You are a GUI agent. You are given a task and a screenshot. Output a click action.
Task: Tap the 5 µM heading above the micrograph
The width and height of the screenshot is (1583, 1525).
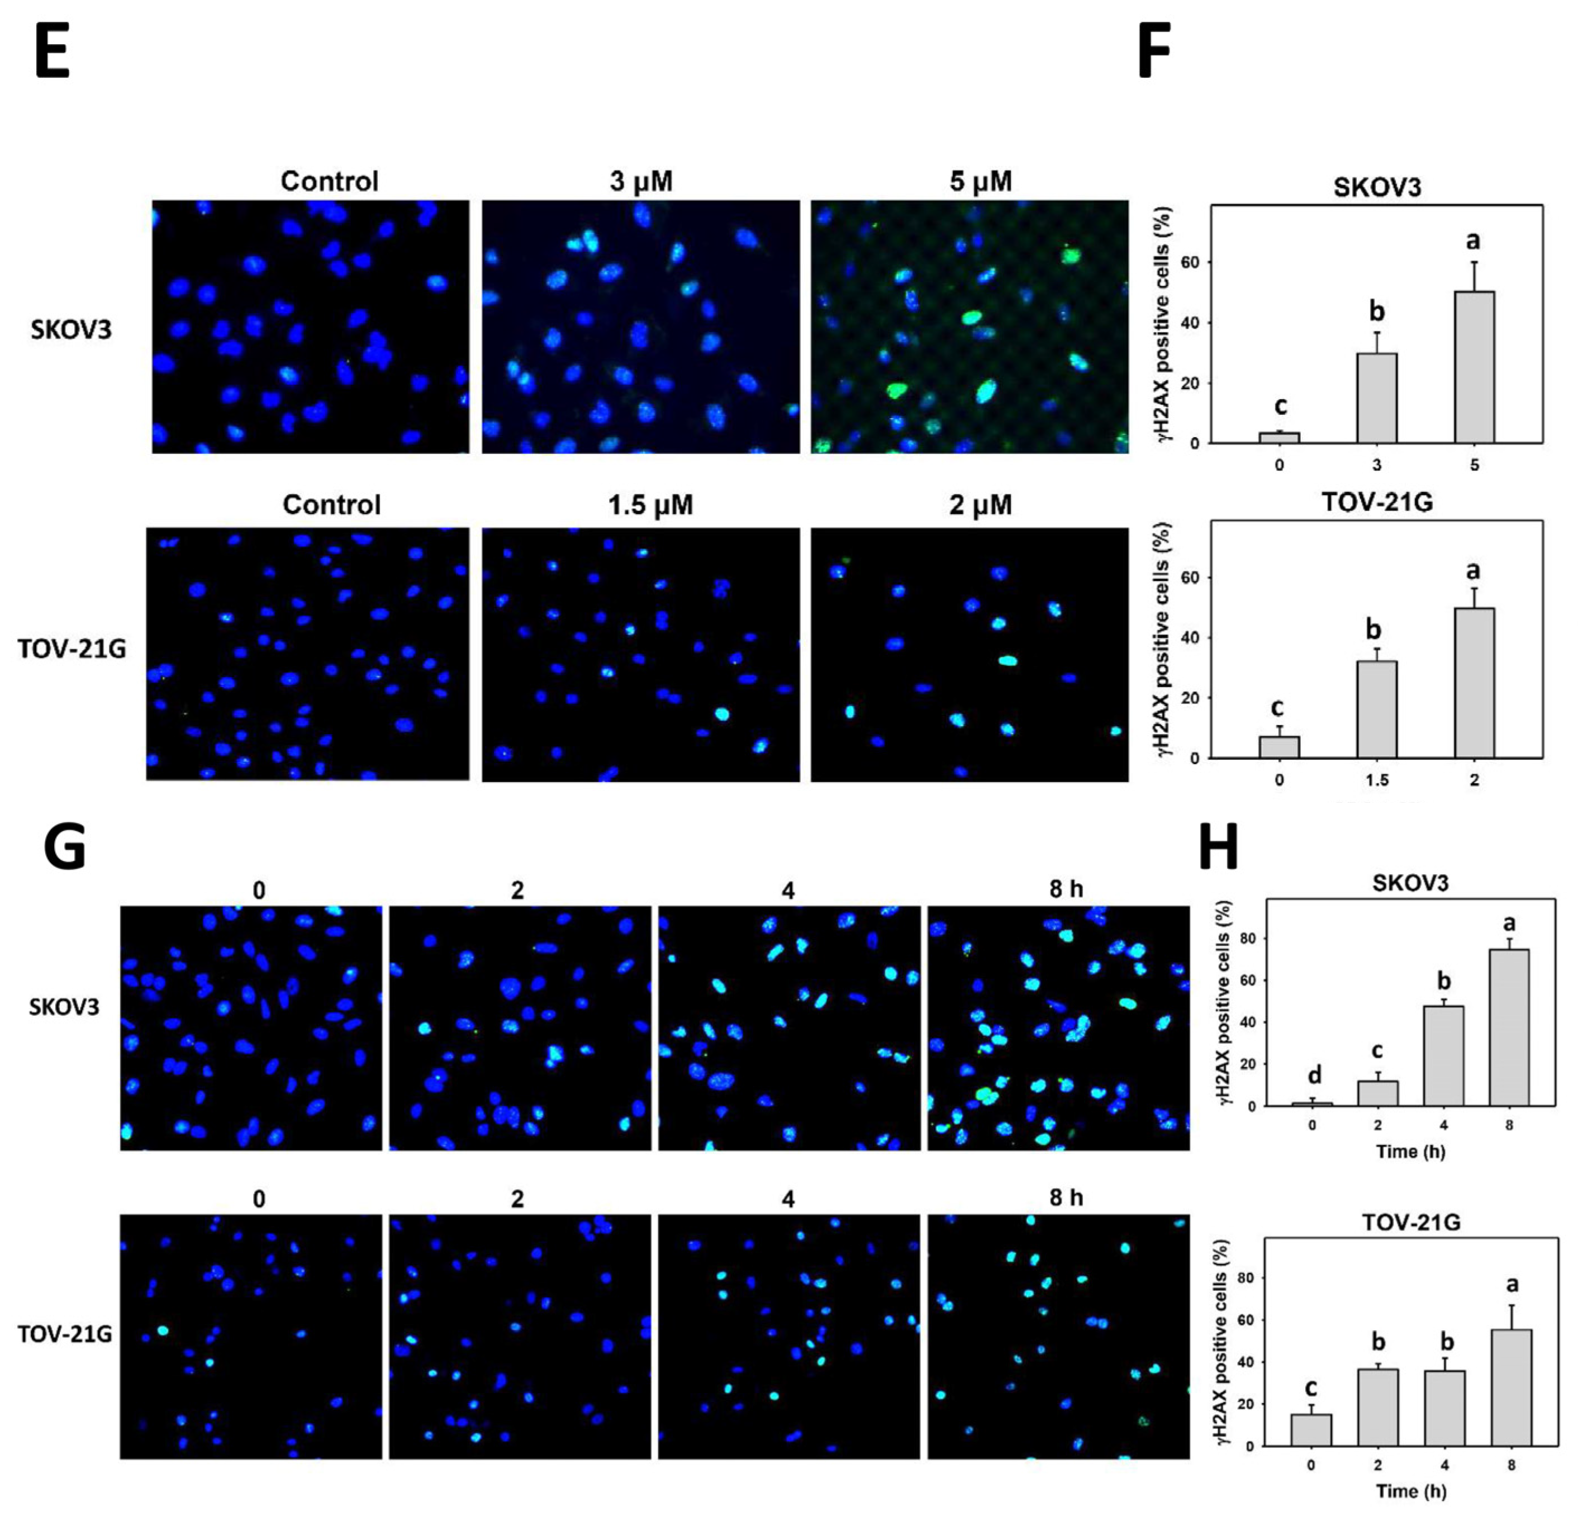[x=981, y=181]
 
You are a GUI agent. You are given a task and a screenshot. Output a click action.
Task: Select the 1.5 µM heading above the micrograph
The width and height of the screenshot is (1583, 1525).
[x=650, y=505]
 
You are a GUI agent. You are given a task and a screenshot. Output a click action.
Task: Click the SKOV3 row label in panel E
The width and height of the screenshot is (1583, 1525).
[x=71, y=330]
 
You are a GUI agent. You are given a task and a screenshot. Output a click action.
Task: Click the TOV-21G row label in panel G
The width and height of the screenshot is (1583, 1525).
[x=65, y=1333]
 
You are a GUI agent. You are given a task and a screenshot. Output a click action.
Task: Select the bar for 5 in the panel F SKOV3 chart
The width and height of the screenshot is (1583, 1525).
[x=1474, y=368]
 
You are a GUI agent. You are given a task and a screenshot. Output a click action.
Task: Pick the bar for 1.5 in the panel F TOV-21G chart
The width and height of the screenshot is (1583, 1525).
[x=1376, y=709]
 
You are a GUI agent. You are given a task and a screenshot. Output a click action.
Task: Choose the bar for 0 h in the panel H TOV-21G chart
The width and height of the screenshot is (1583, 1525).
[x=1311, y=1429]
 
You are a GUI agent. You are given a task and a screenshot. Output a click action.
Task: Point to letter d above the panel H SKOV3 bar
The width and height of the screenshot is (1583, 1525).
[x=1314, y=1075]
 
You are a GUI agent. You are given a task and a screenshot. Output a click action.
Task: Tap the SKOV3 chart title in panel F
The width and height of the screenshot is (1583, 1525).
[x=1377, y=187]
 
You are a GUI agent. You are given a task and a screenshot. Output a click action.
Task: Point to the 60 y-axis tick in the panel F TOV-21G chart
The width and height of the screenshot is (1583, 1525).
[x=1191, y=578]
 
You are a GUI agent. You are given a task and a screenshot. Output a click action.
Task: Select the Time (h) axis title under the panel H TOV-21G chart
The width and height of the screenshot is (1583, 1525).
[x=1410, y=1491]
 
